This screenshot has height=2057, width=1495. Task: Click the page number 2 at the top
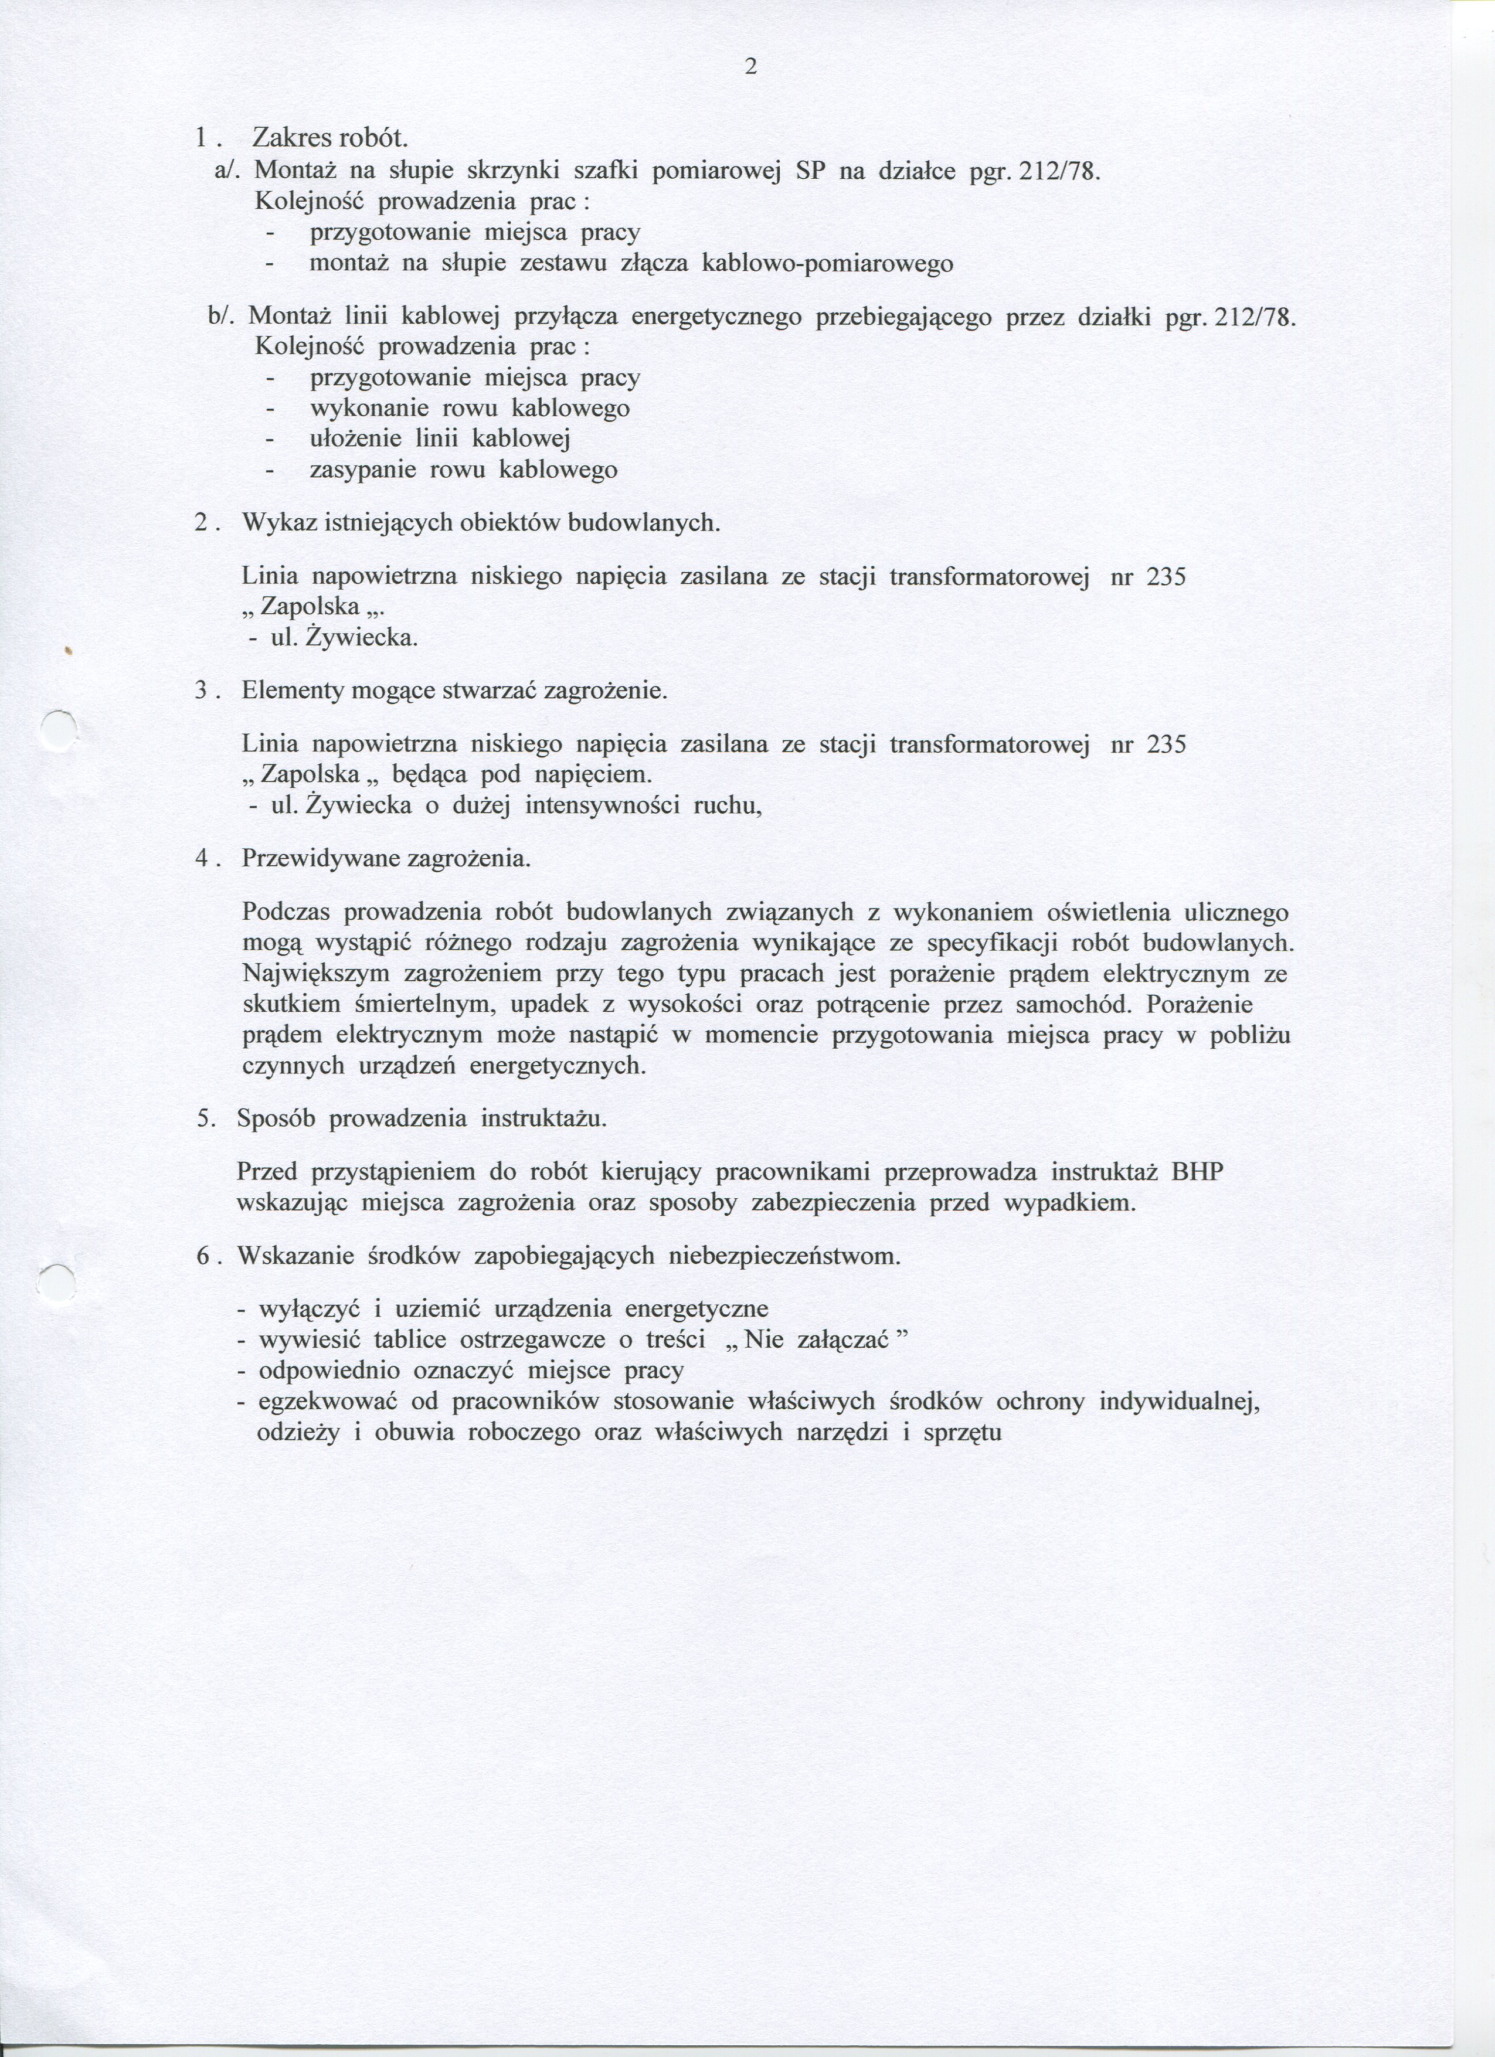point(749,67)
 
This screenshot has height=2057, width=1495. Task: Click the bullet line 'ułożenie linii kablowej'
point(440,439)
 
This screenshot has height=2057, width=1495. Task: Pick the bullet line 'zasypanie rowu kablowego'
point(464,470)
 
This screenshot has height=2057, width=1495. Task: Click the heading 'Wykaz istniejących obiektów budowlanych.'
point(481,523)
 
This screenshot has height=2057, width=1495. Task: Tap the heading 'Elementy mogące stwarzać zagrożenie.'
point(454,691)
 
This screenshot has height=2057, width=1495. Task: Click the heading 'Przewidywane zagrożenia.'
point(386,858)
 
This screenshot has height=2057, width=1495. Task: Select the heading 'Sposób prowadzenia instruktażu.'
point(421,1118)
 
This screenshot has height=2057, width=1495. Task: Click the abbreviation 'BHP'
point(1197,1172)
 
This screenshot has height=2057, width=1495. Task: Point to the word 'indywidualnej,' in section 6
point(1180,1402)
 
